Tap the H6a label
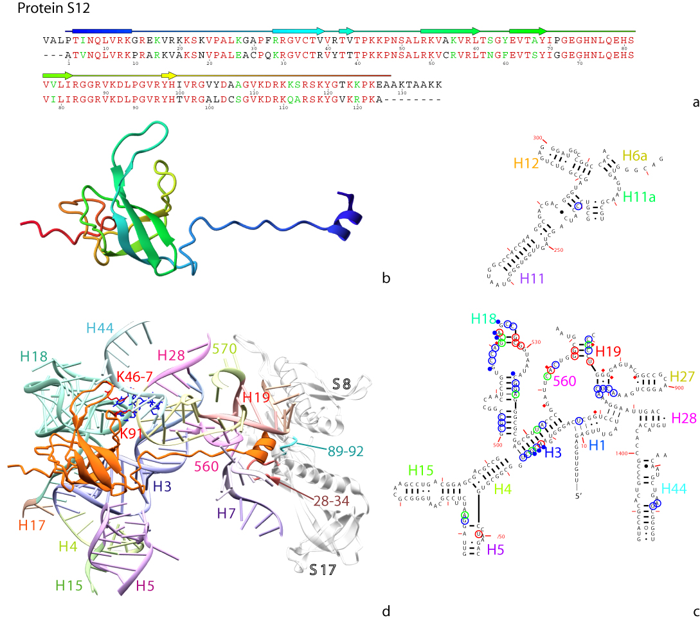point(634,156)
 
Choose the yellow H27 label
point(683,376)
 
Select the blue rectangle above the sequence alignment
point(102,30)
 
